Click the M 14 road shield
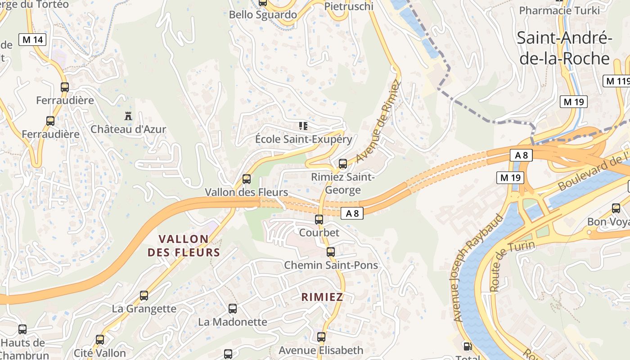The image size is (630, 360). (32, 40)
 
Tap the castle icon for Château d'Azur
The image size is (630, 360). (128, 116)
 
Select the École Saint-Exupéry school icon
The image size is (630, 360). (303, 126)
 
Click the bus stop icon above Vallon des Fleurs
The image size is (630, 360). (246, 179)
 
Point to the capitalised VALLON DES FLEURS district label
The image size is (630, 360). (184, 246)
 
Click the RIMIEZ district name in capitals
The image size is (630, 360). (322, 297)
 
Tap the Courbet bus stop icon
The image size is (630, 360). (319, 220)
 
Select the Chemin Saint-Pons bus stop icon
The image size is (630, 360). (331, 252)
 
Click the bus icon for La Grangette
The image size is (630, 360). (144, 296)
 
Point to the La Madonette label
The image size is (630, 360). (233, 322)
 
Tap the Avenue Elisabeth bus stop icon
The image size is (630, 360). (321, 337)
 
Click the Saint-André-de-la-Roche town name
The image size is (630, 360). (564, 48)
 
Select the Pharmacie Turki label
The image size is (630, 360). (559, 10)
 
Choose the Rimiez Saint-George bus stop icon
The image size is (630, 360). (343, 164)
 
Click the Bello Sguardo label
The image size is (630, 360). (263, 14)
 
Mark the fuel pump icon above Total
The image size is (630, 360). (468, 346)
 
